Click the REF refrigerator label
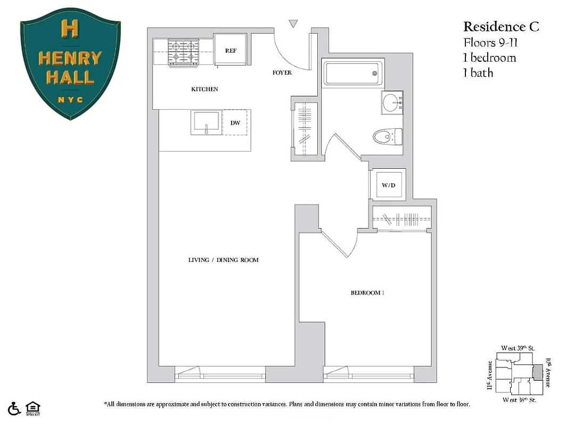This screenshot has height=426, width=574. point(231,51)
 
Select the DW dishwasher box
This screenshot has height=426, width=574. point(235,123)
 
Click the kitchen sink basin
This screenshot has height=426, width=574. point(207,124)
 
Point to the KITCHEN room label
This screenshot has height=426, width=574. point(204,89)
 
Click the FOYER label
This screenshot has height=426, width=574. point(282,72)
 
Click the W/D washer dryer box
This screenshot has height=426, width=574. point(388,185)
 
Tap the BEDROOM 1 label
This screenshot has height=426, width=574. point(367,292)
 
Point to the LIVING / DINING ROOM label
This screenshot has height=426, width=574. point(223,260)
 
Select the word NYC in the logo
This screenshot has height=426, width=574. point(70,99)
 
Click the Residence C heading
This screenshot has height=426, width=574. point(501,26)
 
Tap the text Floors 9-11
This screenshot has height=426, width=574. point(490,42)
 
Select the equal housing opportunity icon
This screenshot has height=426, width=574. point(33,408)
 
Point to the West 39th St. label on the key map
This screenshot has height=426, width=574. point(518,348)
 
